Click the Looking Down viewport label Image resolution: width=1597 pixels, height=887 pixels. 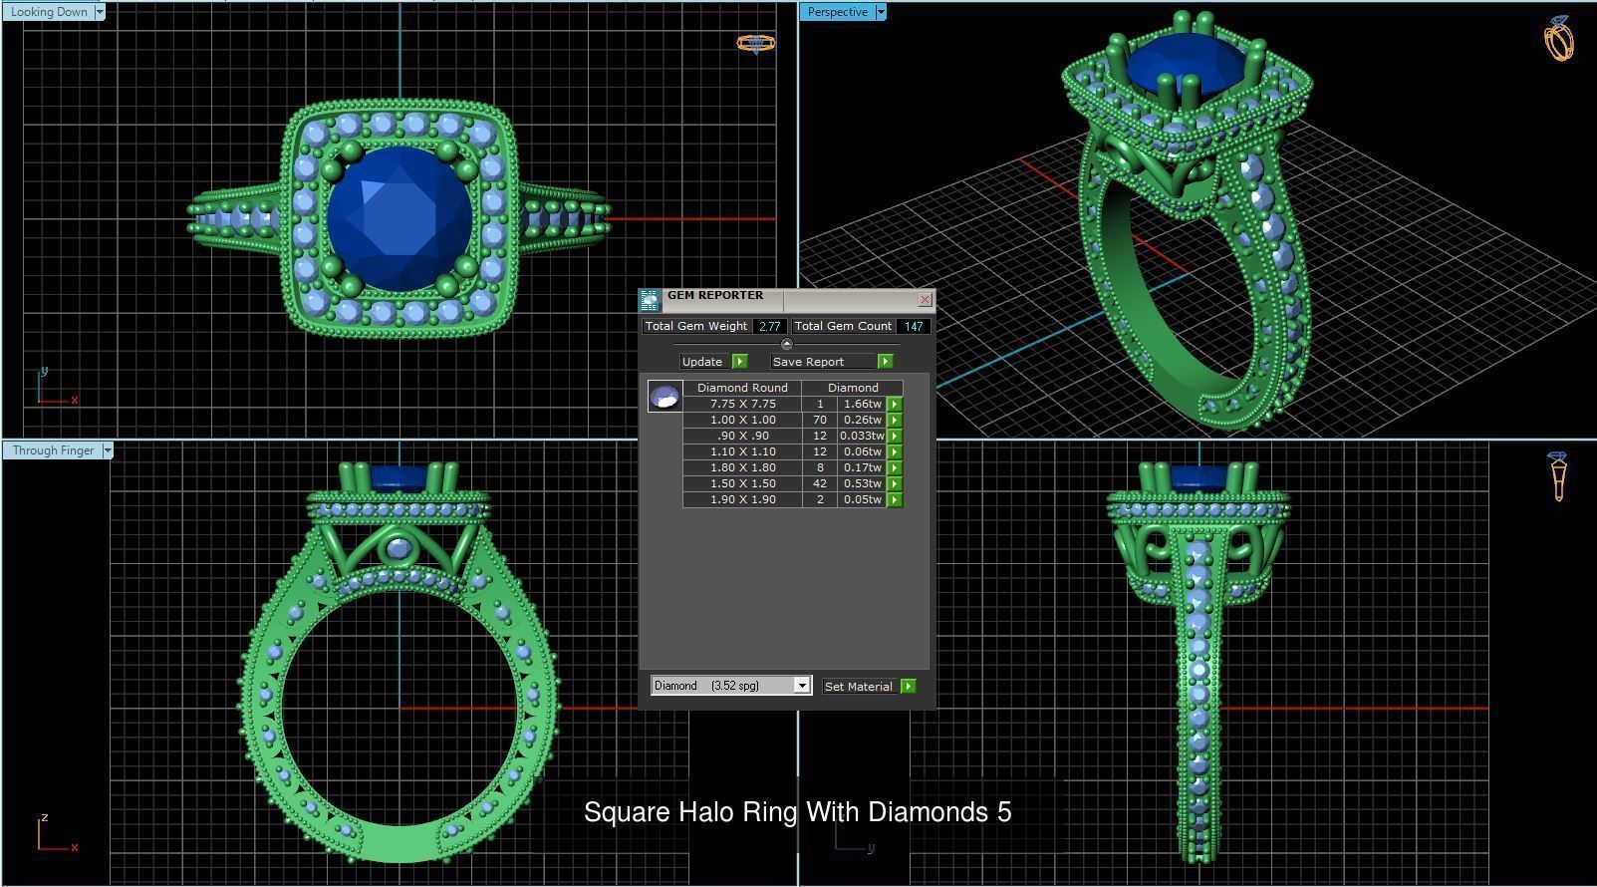[x=48, y=12]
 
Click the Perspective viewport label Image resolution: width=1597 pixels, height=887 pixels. [x=837, y=12]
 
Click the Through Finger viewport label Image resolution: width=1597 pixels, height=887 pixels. [x=53, y=450]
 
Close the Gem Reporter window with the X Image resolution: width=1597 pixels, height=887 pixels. [x=925, y=299]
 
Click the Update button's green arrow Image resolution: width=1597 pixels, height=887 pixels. [x=739, y=362]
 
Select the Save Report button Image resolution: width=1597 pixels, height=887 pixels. [x=808, y=362]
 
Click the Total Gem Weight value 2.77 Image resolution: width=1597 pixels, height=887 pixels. [x=769, y=326]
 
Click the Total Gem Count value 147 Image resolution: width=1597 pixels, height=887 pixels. [x=913, y=326]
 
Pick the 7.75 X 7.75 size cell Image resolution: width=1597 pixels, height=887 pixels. [x=742, y=404]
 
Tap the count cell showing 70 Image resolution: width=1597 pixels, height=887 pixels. [x=820, y=420]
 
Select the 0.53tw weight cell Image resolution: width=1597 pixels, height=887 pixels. [x=862, y=483]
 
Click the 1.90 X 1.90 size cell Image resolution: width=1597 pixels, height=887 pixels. [x=742, y=499]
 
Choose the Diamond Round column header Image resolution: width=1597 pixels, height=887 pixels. [x=742, y=388]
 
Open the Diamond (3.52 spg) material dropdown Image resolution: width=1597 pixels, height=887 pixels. [x=802, y=686]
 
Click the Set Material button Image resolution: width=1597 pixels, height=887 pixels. [x=858, y=687]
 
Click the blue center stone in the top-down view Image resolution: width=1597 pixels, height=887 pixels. [x=399, y=217]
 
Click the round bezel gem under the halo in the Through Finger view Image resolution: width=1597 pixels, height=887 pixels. [x=399, y=549]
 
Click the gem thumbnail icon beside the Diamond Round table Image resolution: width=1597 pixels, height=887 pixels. [x=665, y=397]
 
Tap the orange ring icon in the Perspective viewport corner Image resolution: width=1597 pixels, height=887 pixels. [x=1559, y=39]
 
